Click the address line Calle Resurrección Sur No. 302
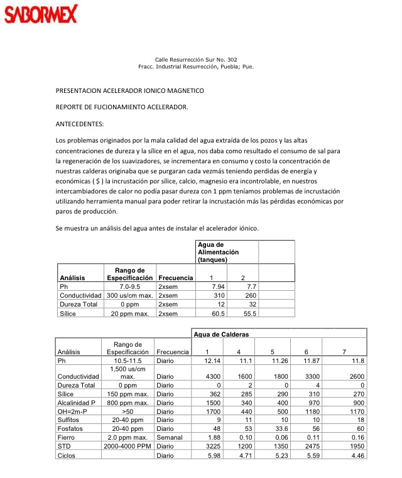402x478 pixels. [x=195, y=59]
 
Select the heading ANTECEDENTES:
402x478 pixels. [x=80, y=124]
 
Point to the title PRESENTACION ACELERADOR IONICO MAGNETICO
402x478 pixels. [x=130, y=91]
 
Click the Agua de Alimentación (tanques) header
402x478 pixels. [x=218, y=251]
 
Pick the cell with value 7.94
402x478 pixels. [x=216, y=286]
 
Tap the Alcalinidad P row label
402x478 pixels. [x=76, y=402]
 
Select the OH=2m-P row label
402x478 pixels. [x=72, y=411]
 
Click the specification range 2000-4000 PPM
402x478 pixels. [x=129, y=446]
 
